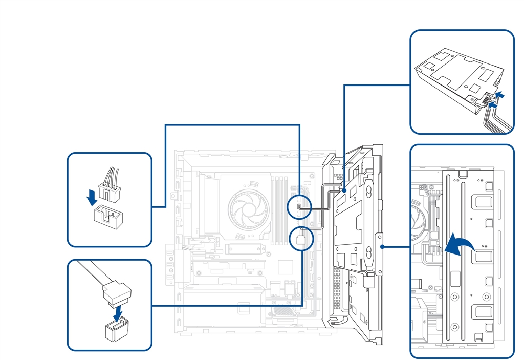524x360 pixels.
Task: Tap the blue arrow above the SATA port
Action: click(118, 312)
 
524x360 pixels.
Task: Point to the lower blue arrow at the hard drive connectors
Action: click(492, 104)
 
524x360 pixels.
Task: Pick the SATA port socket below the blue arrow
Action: click(117, 330)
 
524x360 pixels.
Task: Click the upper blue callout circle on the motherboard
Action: click(299, 207)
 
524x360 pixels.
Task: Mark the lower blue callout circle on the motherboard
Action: click(300, 239)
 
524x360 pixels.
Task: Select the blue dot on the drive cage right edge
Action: click(383, 246)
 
